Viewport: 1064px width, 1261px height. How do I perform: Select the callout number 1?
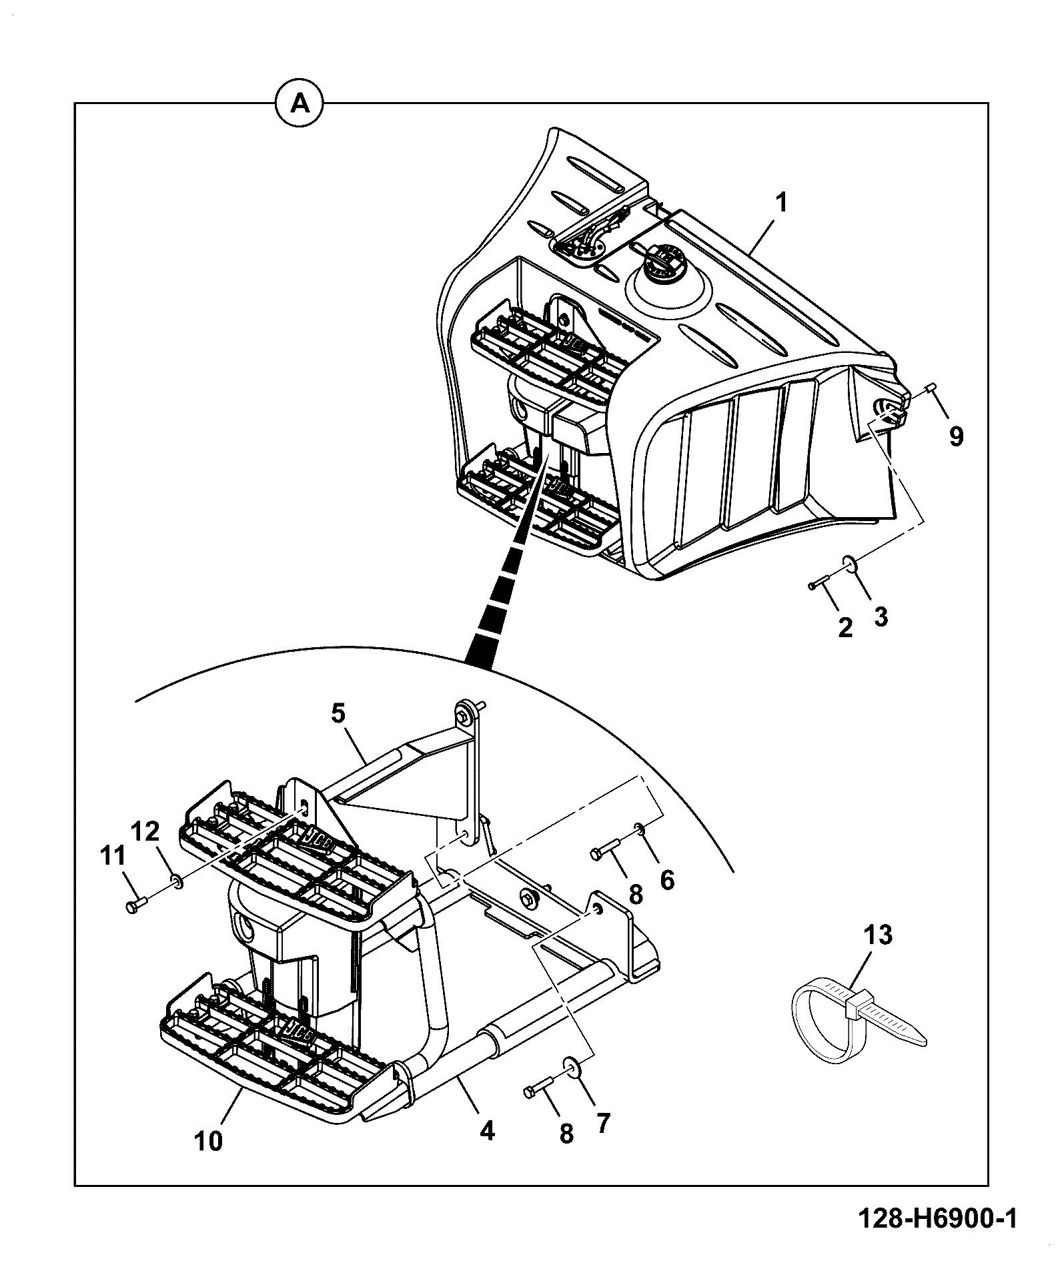782,202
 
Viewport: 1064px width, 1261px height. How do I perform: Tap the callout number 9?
956,437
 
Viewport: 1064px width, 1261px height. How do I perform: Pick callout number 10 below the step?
209,1141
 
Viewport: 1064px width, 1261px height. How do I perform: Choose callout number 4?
487,1130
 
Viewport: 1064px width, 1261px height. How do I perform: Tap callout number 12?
146,831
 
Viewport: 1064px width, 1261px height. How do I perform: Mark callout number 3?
881,616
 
